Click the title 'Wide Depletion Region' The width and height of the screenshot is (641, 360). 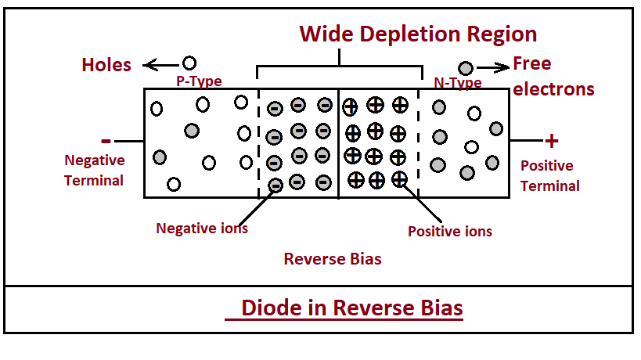pyautogui.click(x=419, y=34)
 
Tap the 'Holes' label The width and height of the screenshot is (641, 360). pyautogui.click(x=106, y=64)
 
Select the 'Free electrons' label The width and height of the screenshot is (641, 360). pyautogui.click(x=553, y=76)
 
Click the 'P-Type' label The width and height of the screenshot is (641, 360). pyautogui.click(x=199, y=81)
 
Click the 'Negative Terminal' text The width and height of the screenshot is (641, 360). pyautogui.click(x=94, y=170)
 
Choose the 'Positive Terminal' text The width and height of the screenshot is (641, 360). pyautogui.click(x=549, y=175)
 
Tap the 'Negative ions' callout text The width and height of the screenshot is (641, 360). pyautogui.click(x=202, y=228)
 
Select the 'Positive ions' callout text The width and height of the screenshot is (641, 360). pyautogui.click(x=450, y=231)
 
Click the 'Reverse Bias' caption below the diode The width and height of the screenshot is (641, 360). pyautogui.click(x=333, y=258)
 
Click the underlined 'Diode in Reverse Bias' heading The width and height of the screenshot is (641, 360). pyautogui.click(x=351, y=308)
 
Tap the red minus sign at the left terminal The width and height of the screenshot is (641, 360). pyautogui.click(x=106, y=141)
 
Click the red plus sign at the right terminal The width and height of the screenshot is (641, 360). pyautogui.click(x=552, y=141)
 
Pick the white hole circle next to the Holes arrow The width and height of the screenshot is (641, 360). pyautogui.click(x=189, y=63)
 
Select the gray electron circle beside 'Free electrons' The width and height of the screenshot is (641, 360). pyautogui.click(x=466, y=68)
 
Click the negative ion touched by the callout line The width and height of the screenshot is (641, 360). pyautogui.click(x=275, y=185)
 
